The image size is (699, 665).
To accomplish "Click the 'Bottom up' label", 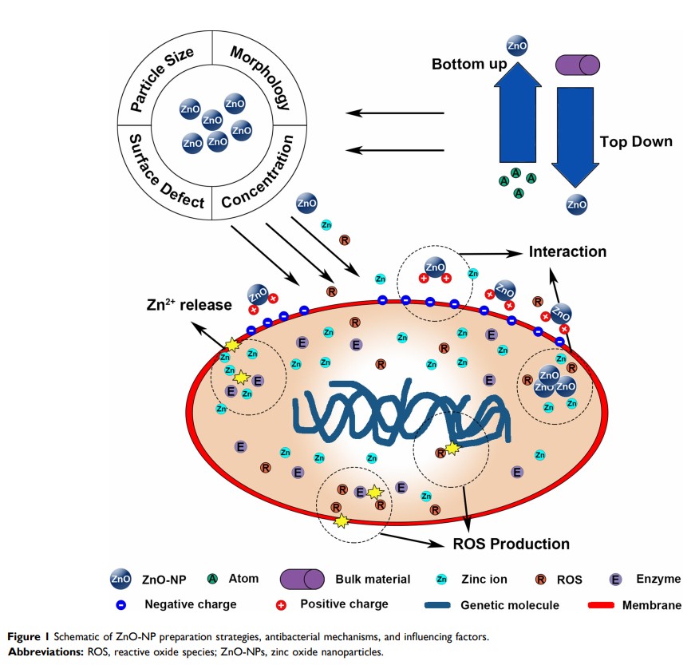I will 469,63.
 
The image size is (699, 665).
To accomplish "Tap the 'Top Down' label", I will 636,141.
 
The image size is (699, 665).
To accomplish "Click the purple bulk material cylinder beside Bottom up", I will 577,64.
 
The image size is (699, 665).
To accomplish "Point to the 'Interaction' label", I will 567,252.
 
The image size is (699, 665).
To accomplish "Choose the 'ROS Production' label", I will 511,544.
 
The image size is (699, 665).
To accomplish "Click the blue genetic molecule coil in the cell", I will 400,410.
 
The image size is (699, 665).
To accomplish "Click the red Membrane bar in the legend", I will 611,605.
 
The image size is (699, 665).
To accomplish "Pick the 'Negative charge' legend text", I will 191,604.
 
